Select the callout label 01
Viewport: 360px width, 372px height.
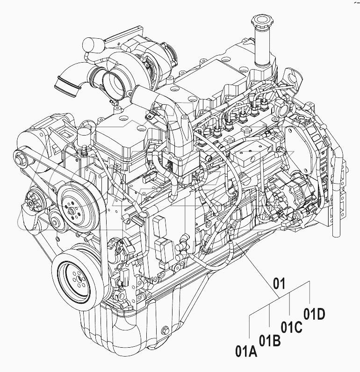pos(279,283)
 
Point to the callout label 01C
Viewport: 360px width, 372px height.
pos(291,327)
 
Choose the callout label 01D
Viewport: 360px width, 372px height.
pos(314,314)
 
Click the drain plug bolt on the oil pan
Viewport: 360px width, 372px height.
pos(165,332)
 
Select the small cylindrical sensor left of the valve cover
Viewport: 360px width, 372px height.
pos(84,138)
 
